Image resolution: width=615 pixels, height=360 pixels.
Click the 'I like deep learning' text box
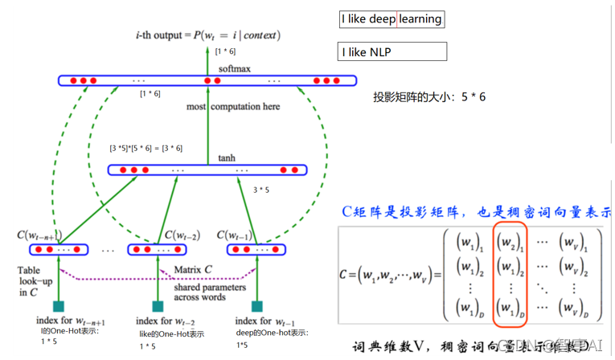[x=392, y=18]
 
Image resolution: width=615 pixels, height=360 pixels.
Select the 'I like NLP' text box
[x=392, y=52]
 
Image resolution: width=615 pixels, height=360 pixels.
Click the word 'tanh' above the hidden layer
[x=226, y=158]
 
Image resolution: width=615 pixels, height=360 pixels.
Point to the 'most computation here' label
[x=234, y=106]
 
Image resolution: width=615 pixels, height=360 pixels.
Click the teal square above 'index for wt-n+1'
[x=58, y=306]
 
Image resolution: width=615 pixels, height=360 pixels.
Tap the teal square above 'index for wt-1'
[x=256, y=306]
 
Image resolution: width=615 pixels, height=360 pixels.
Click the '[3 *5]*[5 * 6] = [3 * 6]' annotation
[x=146, y=148]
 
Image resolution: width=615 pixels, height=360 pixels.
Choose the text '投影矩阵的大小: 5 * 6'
[x=429, y=97]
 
